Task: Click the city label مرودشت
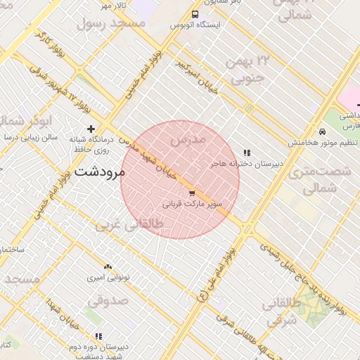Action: (x=99, y=171)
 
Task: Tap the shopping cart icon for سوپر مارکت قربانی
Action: (x=191, y=193)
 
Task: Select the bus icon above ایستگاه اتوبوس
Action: (x=195, y=14)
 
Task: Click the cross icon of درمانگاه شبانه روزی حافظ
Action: (x=90, y=129)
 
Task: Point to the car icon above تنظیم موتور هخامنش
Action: (x=322, y=131)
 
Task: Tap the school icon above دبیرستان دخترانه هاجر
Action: (x=247, y=153)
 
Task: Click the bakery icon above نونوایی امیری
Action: (x=108, y=267)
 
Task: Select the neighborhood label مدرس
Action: (x=188, y=140)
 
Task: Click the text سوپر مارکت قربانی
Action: (x=193, y=205)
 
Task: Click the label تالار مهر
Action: (x=112, y=6)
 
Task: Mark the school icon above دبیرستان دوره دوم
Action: (x=98, y=336)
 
